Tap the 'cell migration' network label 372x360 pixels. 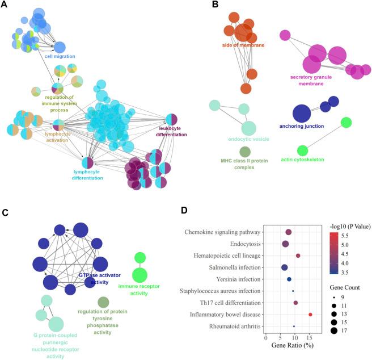(x=60, y=57)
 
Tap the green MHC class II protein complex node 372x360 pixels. (x=245, y=152)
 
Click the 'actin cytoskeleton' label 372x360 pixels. (x=303, y=160)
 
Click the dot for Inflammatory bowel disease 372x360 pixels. (x=310, y=314)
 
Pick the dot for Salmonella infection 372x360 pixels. (x=285, y=267)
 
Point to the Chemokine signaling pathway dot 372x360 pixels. (x=288, y=232)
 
